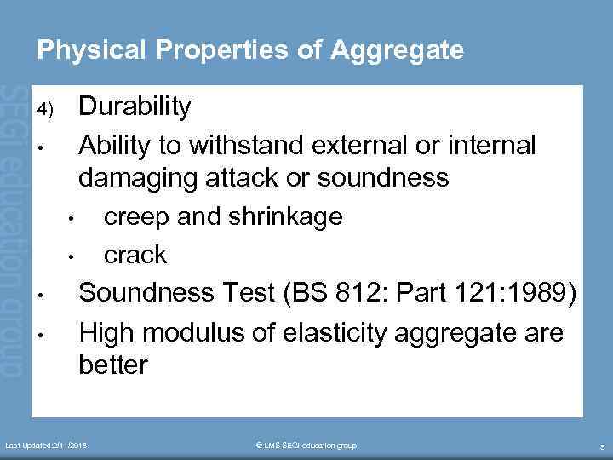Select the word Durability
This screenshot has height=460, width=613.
coord(135,107)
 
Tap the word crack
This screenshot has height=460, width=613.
coord(135,255)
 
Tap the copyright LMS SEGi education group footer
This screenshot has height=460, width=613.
coord(306,446)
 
